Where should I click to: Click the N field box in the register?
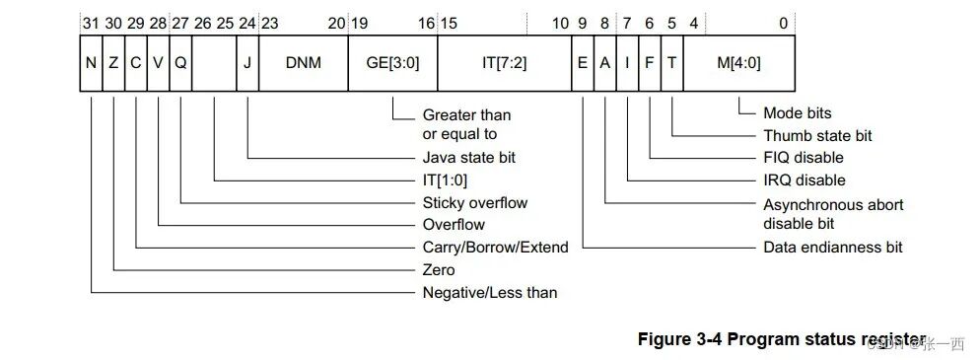point(91,62)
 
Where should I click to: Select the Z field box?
point(113,62)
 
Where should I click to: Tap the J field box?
point(247,62)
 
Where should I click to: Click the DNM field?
point(303,62)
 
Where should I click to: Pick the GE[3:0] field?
point(392,62)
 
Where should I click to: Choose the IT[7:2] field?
point(503,62)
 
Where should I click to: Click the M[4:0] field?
point(738,62)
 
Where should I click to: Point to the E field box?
point(583,62)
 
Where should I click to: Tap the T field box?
point(671,62)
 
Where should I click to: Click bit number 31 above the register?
point(90,22)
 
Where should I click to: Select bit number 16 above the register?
point(426,22)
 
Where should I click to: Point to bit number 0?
point(783,22)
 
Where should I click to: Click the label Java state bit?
point(468,158)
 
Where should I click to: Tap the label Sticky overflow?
point(475,202)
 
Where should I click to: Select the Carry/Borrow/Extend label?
point(495,247)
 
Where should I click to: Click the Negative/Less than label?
point(489,292)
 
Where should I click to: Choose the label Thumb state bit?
point(817,135)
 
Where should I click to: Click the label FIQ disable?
point(804,158)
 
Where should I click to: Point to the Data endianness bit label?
point(832,247)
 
